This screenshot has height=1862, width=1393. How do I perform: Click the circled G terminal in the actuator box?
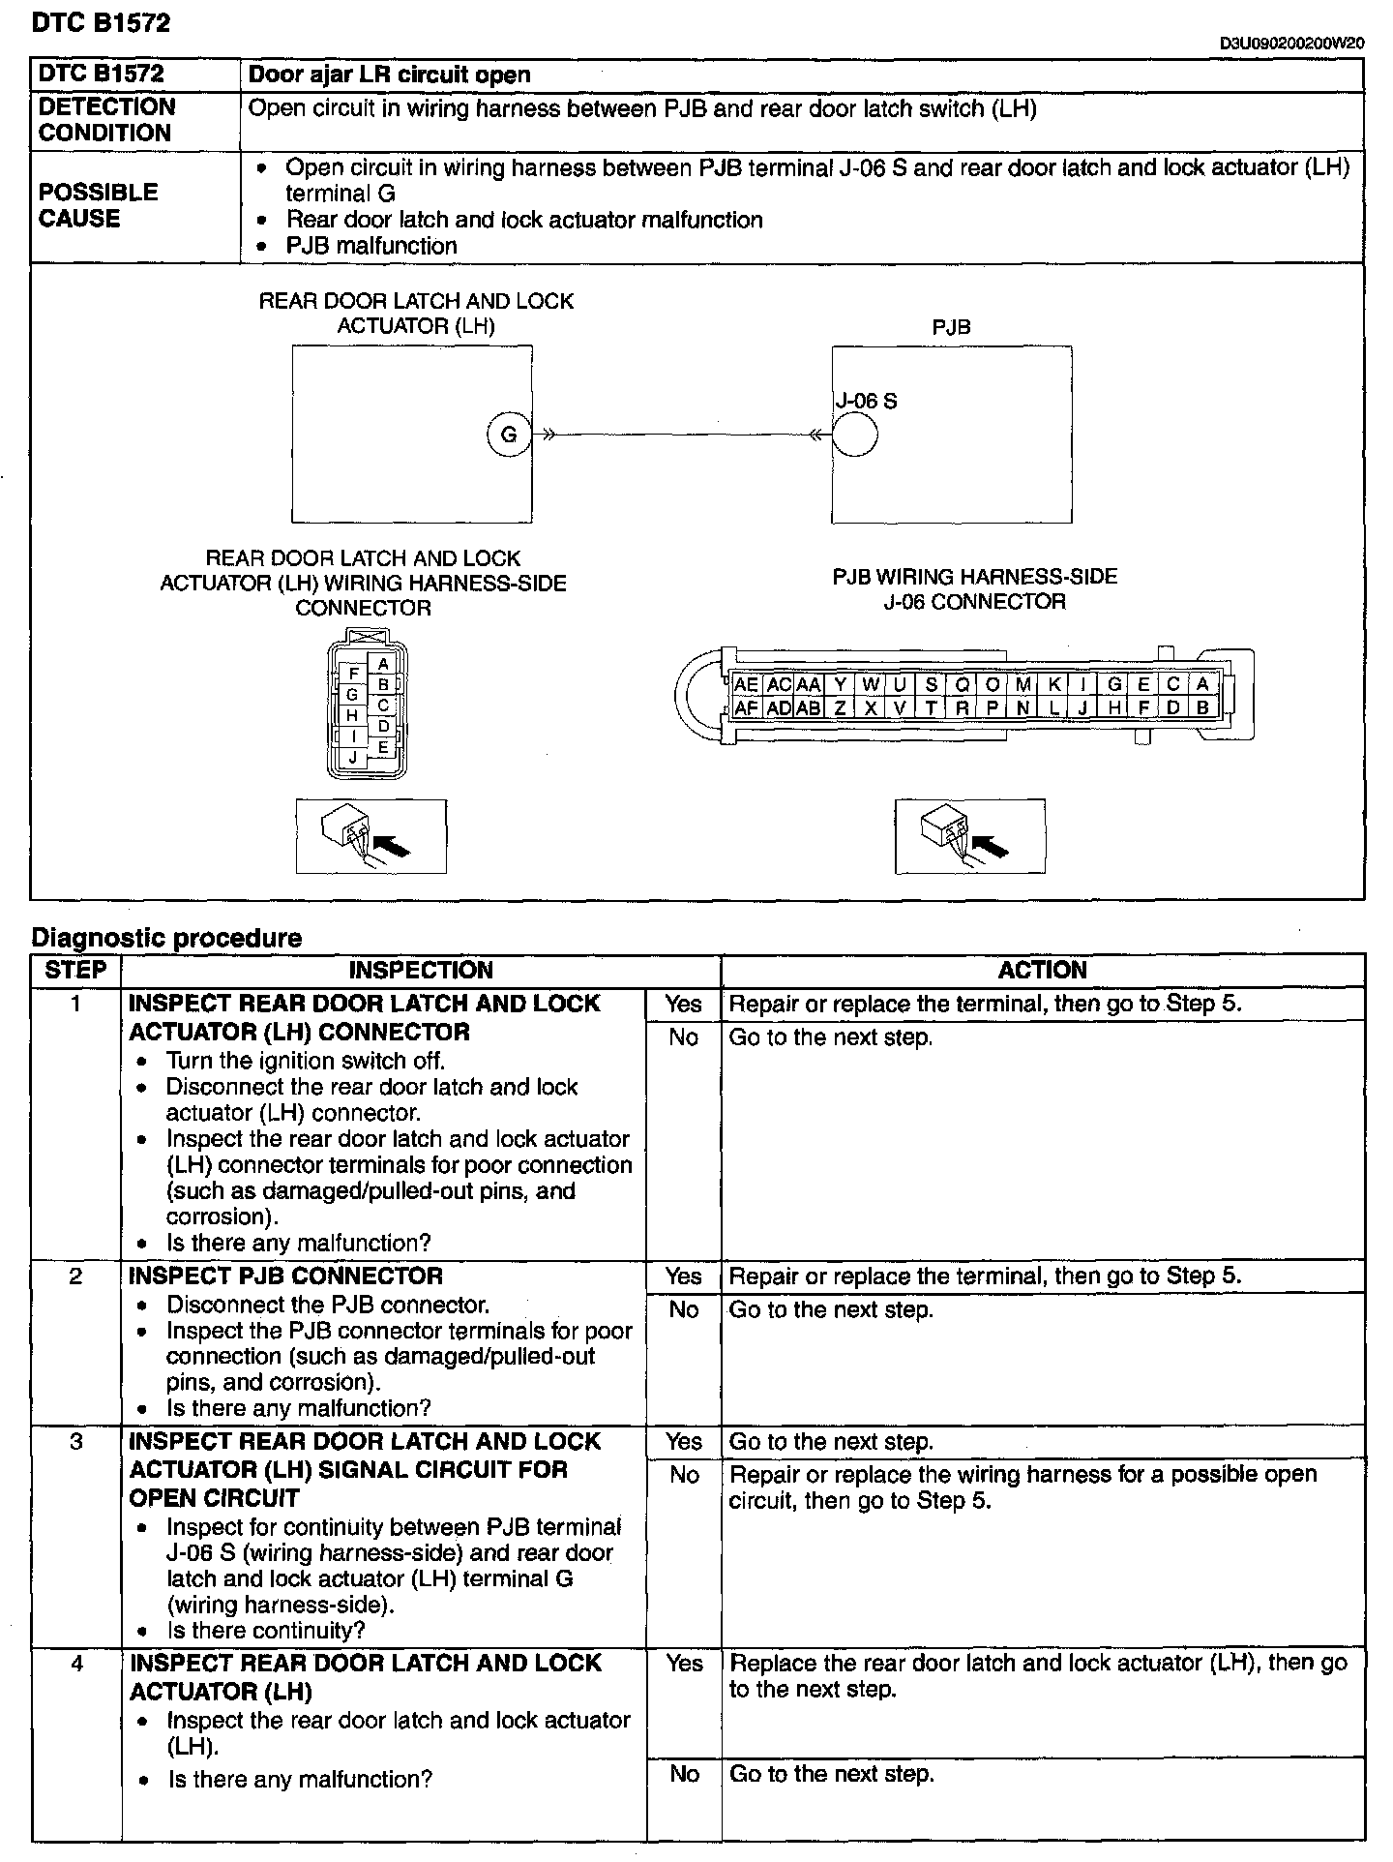click(x=508, y=435)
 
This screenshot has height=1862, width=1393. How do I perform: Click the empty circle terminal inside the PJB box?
click(x=854, y=435)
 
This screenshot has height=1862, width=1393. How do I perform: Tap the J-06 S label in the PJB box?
click(x=866, y=401)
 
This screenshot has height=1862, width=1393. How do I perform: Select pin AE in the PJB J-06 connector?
click(x=746, y=684)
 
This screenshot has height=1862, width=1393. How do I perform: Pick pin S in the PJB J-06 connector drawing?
click(x=931, y=684)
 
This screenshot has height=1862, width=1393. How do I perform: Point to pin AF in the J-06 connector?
click(x=746, y=707)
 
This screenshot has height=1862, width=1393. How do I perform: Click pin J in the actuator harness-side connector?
click(x=353, y=758)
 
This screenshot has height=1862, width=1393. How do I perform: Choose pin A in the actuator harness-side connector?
click(x=383, y=664)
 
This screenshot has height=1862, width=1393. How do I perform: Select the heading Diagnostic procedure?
click(x=166, y=938)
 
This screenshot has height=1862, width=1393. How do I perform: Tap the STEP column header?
click(x=75, y=971)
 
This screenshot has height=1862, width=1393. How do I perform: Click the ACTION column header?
click(x=1042, y=971)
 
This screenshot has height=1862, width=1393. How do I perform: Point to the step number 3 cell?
click(x=76, y=1442)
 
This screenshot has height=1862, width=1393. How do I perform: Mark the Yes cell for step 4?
click(x=683, y=1663)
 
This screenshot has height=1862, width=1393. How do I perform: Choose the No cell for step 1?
click(x=683, y=1037)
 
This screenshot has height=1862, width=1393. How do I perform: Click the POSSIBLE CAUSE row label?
click(x=98, y=205)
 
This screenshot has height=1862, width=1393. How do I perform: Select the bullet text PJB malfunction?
click(x=371, y=246)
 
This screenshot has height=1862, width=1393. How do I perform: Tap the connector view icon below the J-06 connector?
click(x=969, y=835)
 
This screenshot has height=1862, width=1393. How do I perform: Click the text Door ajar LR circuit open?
click(x=390, y=75)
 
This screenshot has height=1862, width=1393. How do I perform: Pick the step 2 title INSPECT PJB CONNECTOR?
click(x=285, y=1276)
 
